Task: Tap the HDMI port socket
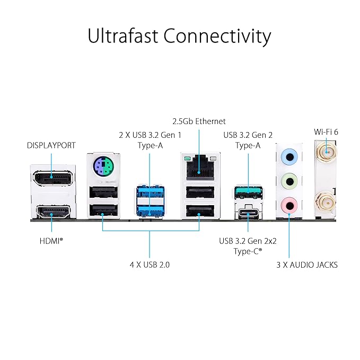(x=51, y=213)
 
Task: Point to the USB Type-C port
(x=248, y=213)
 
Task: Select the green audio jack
(x=288, y=179)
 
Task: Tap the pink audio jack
(x=288, y=203)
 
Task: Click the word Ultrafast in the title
(x=122, y=37)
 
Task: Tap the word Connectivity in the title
(x=217, y=37)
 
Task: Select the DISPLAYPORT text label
(x=51, y=145)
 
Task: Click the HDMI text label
(x=51, y=240)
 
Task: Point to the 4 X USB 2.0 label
(x=150, y=264)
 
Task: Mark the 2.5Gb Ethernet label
(x=198, y=121)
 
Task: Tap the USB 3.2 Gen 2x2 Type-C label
(x=248, y=245)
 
